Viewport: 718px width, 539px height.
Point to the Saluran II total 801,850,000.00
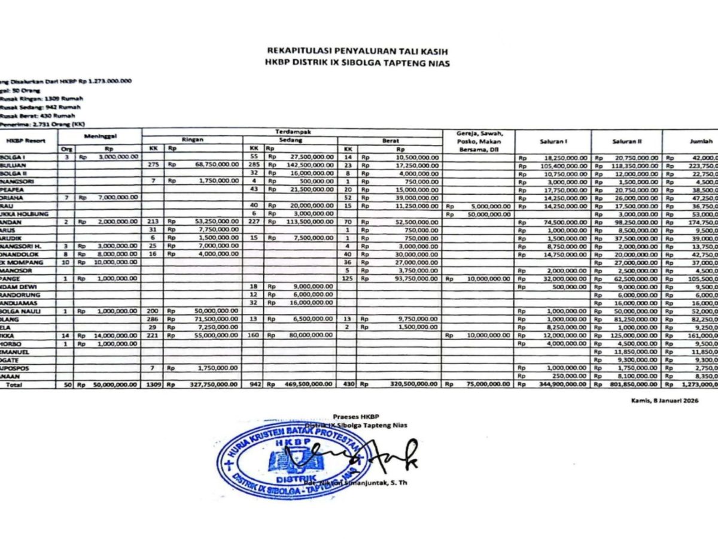tap(635, 384)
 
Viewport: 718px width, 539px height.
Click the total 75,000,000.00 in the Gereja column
tap(487, 384)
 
